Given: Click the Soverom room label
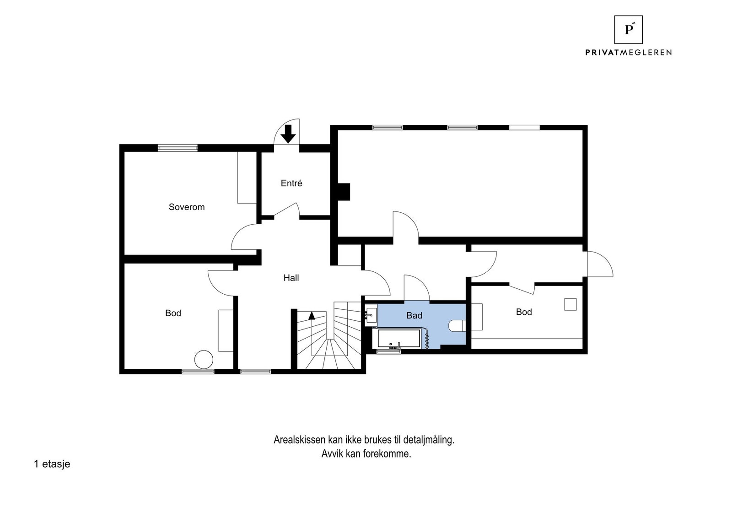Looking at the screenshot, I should coord(187,207).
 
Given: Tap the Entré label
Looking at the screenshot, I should coord(291,183).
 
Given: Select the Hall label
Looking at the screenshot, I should coord(291,278).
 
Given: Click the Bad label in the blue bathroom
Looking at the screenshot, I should coord(414,315).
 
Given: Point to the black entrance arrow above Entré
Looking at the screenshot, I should coord(288,133).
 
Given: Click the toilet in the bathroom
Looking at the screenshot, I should coord(457,325).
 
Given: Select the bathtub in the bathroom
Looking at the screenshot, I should coord(398,339).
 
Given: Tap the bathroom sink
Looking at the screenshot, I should coord(371,315).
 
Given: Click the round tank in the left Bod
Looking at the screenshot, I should coord(204,359).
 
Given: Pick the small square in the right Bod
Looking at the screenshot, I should coord(570,304).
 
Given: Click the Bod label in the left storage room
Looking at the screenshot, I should coord(173,313).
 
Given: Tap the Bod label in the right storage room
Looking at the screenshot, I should coord(524,312).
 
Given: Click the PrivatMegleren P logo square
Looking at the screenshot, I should coord(628,30).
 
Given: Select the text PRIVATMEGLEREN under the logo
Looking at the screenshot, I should coord(628,53).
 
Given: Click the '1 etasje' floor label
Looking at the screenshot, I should coord(52,464).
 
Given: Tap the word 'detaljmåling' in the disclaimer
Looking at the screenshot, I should coord(429,440).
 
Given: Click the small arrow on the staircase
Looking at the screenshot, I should coord(312,315).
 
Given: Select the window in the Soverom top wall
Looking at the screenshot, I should coord(178,148).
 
